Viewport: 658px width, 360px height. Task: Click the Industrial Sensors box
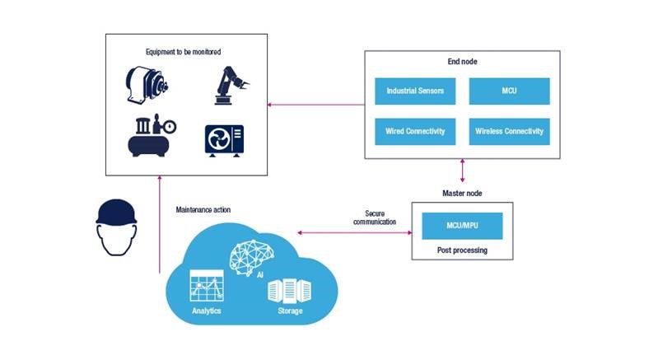tap(415, 91)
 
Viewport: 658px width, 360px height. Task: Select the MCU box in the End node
tap(510, 91)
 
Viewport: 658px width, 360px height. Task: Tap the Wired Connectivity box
tap(415, 131)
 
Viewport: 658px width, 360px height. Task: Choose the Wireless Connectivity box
tap(510, 131)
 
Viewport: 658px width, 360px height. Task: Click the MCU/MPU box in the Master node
tap(461, 226)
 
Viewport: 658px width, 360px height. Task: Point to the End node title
tap(462, 62)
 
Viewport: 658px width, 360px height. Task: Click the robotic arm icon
tap(230, 84)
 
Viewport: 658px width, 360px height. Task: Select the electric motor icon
tap(148, 85)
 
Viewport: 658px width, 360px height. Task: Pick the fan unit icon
tap(226, 138)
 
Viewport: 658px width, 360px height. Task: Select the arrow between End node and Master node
tap(462, 171)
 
